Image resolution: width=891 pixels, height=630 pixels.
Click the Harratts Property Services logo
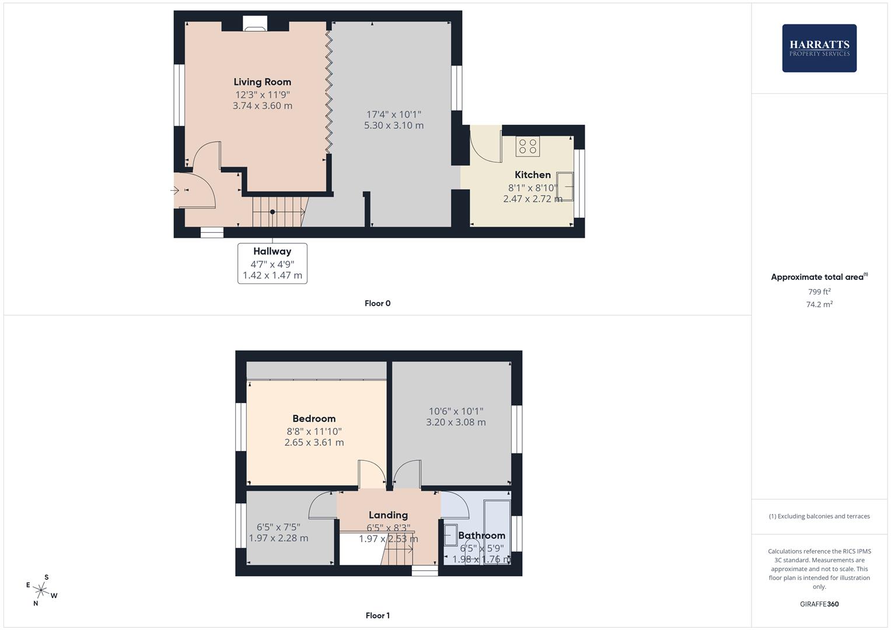tap(819, 48)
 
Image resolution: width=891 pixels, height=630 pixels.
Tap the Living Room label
tap(262, 82)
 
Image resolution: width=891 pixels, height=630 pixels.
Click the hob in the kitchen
tap(527, 146)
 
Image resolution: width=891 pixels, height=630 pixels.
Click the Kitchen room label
tap(532, 175)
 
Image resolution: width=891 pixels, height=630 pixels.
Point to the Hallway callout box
tap(272, 264)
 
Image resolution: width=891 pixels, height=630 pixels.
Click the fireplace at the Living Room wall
tap(254, 24)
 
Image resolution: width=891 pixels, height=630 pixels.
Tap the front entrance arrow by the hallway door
tap(175, 190)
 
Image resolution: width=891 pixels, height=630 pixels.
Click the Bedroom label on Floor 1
tap(314, 419)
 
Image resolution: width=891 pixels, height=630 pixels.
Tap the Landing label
tap(388, 515)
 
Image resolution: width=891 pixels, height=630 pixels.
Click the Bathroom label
tap(481, 535)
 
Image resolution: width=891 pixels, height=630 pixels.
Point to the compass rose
tap(41, 590)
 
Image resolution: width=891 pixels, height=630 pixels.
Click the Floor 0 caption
tap(377, 303)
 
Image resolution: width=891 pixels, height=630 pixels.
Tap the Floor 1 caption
tap(377, 615)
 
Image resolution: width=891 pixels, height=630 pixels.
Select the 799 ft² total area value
tap(819, 292)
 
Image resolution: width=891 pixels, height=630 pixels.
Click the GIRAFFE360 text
tap(819, 604)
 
